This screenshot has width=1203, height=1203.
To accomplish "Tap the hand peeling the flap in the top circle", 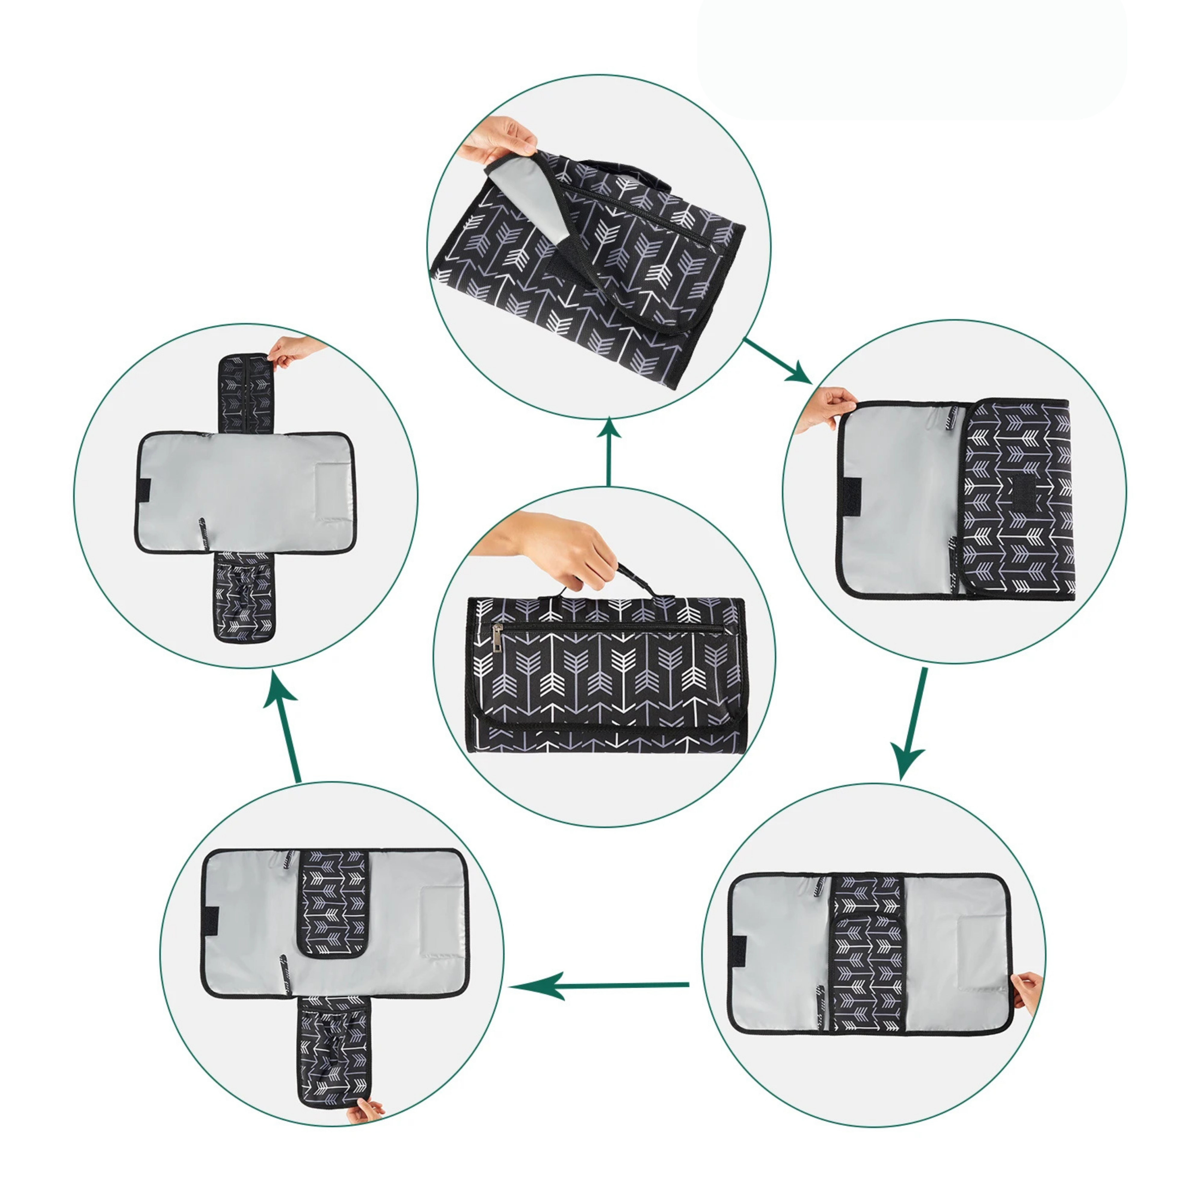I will tap(498, 138).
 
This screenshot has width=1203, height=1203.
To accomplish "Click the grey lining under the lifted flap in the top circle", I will tap(529, 205).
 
